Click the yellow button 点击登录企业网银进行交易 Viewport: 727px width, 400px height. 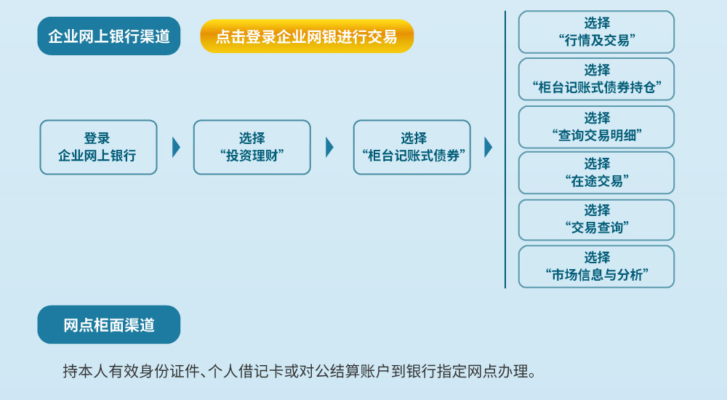(x=307, y=36)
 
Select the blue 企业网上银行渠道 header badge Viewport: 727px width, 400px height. (x=109, y=36)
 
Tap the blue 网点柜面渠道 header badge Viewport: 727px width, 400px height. (x=109, y=325)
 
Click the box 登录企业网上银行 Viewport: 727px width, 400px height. (x=98, y=147)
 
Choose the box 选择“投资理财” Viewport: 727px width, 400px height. (x=252, y=147)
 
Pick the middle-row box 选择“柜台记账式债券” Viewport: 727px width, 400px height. (x=411, y=147)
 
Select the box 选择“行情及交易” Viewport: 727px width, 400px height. (x=596, y=32)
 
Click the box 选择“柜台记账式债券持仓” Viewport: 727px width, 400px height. (x=596, y=79)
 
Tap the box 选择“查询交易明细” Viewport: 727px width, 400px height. (x=596, y=127)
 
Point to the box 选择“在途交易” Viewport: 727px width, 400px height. (x=596, y=172)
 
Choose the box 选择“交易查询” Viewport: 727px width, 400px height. (x=596, y=220)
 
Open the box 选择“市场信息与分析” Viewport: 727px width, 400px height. (x=596, y=267)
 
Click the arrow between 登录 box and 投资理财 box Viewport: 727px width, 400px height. (x=176, y=147)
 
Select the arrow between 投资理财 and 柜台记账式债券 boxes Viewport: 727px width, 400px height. (x=329, y=147)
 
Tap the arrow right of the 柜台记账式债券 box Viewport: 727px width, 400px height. (x=488, y=147)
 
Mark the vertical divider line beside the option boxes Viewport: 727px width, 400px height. (x=505, y=149)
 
